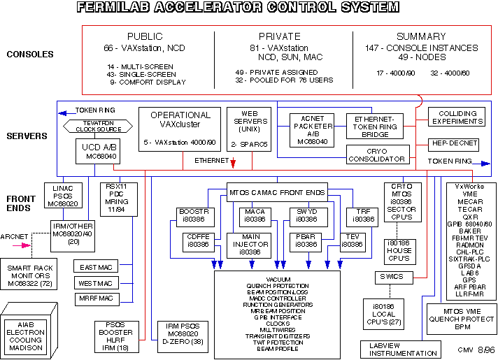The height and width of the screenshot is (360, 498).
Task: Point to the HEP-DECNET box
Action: pyautogui.click(x=453, y=143)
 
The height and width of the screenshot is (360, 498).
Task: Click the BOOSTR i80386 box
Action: pyautogui.click(x=192, y=215)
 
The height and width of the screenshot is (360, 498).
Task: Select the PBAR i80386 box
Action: pyautogui.click(x=305, y=240)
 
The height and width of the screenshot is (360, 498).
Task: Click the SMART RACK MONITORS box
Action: pyautogui.click(x=33, y=273)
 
